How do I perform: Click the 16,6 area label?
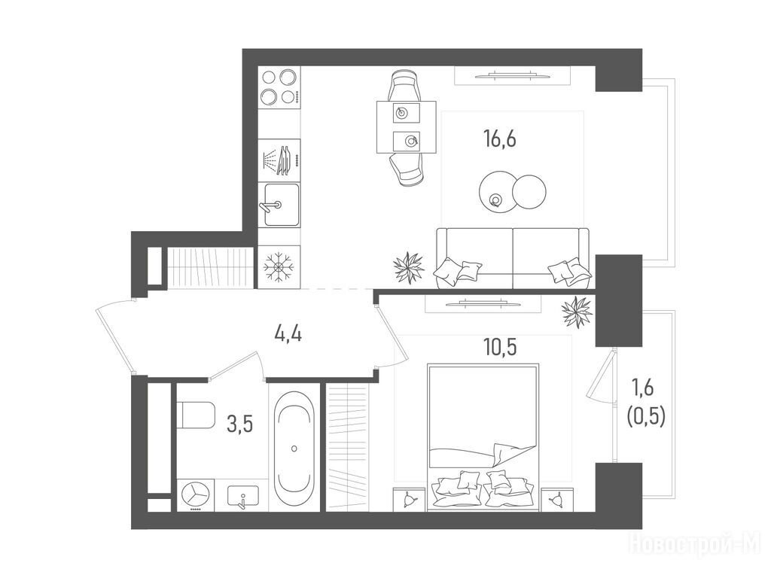pos(500,140)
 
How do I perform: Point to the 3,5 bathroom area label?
pos(240,423)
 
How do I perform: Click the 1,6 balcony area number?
pos(642,388)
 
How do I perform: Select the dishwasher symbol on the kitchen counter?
pos(279,160)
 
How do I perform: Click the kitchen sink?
pos(281,205)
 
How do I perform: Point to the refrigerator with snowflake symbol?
pos(279,267)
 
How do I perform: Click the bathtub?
pos(294,448)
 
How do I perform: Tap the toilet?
pos(197,415)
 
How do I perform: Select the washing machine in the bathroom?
pos(197,495)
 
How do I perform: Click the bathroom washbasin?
pos(243,497)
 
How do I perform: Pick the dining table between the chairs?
pos(407,126)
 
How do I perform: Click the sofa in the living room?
pos(513,259)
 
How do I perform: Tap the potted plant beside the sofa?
pos(409,267)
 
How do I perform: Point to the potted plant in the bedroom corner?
pos(577,312)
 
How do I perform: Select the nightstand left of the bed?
pos(408,500)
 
